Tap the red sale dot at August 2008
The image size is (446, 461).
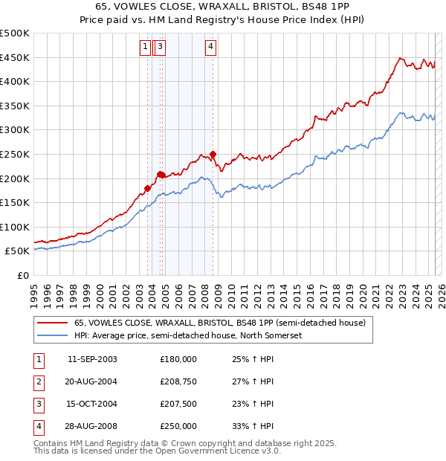tap(213, 155)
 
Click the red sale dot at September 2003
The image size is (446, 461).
tap(147, 188)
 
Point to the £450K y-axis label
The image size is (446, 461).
tap(15, 57)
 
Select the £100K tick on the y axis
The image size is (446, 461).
tap(15, 227)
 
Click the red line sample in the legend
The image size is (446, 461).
tap(53, 323)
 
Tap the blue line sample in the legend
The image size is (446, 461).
tap(53, 336)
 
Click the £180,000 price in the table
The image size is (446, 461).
tap(178, 359)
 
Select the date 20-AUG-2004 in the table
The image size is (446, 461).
tap(92, 381)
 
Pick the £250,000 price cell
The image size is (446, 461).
tap(178, 426)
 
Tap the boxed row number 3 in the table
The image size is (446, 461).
tap(38, 404)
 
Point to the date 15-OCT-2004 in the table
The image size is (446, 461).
tap(92, 404)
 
